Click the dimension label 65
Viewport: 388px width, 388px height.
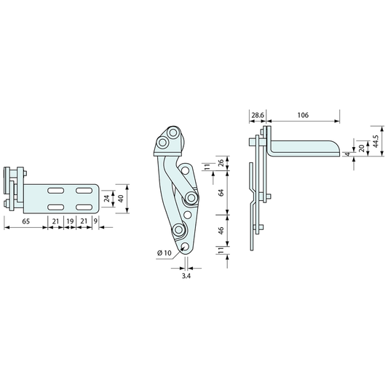(25, 221)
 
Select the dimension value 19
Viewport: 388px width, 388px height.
(70, 221)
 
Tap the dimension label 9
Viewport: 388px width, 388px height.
(95, 221)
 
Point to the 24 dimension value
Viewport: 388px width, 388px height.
(107, 199)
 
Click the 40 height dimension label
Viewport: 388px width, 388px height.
(121, 199)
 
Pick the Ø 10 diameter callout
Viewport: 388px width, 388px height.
(165, 253)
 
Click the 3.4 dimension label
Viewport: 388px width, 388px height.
(186, 276)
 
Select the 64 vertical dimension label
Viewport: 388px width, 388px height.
(221, 192)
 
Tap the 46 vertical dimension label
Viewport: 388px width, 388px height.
(221, 230)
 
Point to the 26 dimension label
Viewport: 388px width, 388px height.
(221, 163)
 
